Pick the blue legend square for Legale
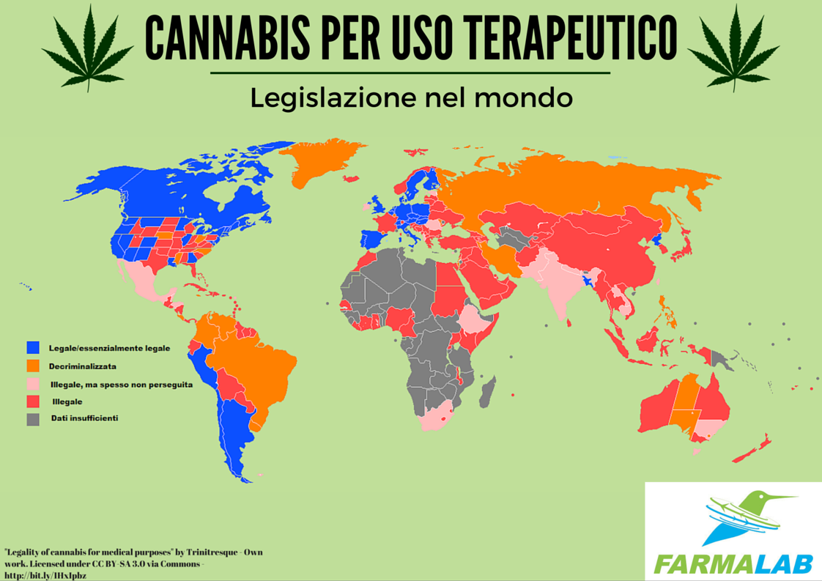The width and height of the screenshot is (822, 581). (x=33, y=348)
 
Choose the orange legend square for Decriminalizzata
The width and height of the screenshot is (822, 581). (x=33, y=366)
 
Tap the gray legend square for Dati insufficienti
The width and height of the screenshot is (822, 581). (x=33, y=419)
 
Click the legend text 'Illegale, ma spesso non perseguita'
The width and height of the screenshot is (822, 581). (x=121, y=384)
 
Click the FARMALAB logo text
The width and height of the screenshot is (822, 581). (x=733, y=563)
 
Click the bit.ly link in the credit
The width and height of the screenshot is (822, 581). (x=45, y=575)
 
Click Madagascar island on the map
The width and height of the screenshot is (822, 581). (x=487, y=388)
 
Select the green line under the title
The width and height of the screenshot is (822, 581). (x=410, y=73)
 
